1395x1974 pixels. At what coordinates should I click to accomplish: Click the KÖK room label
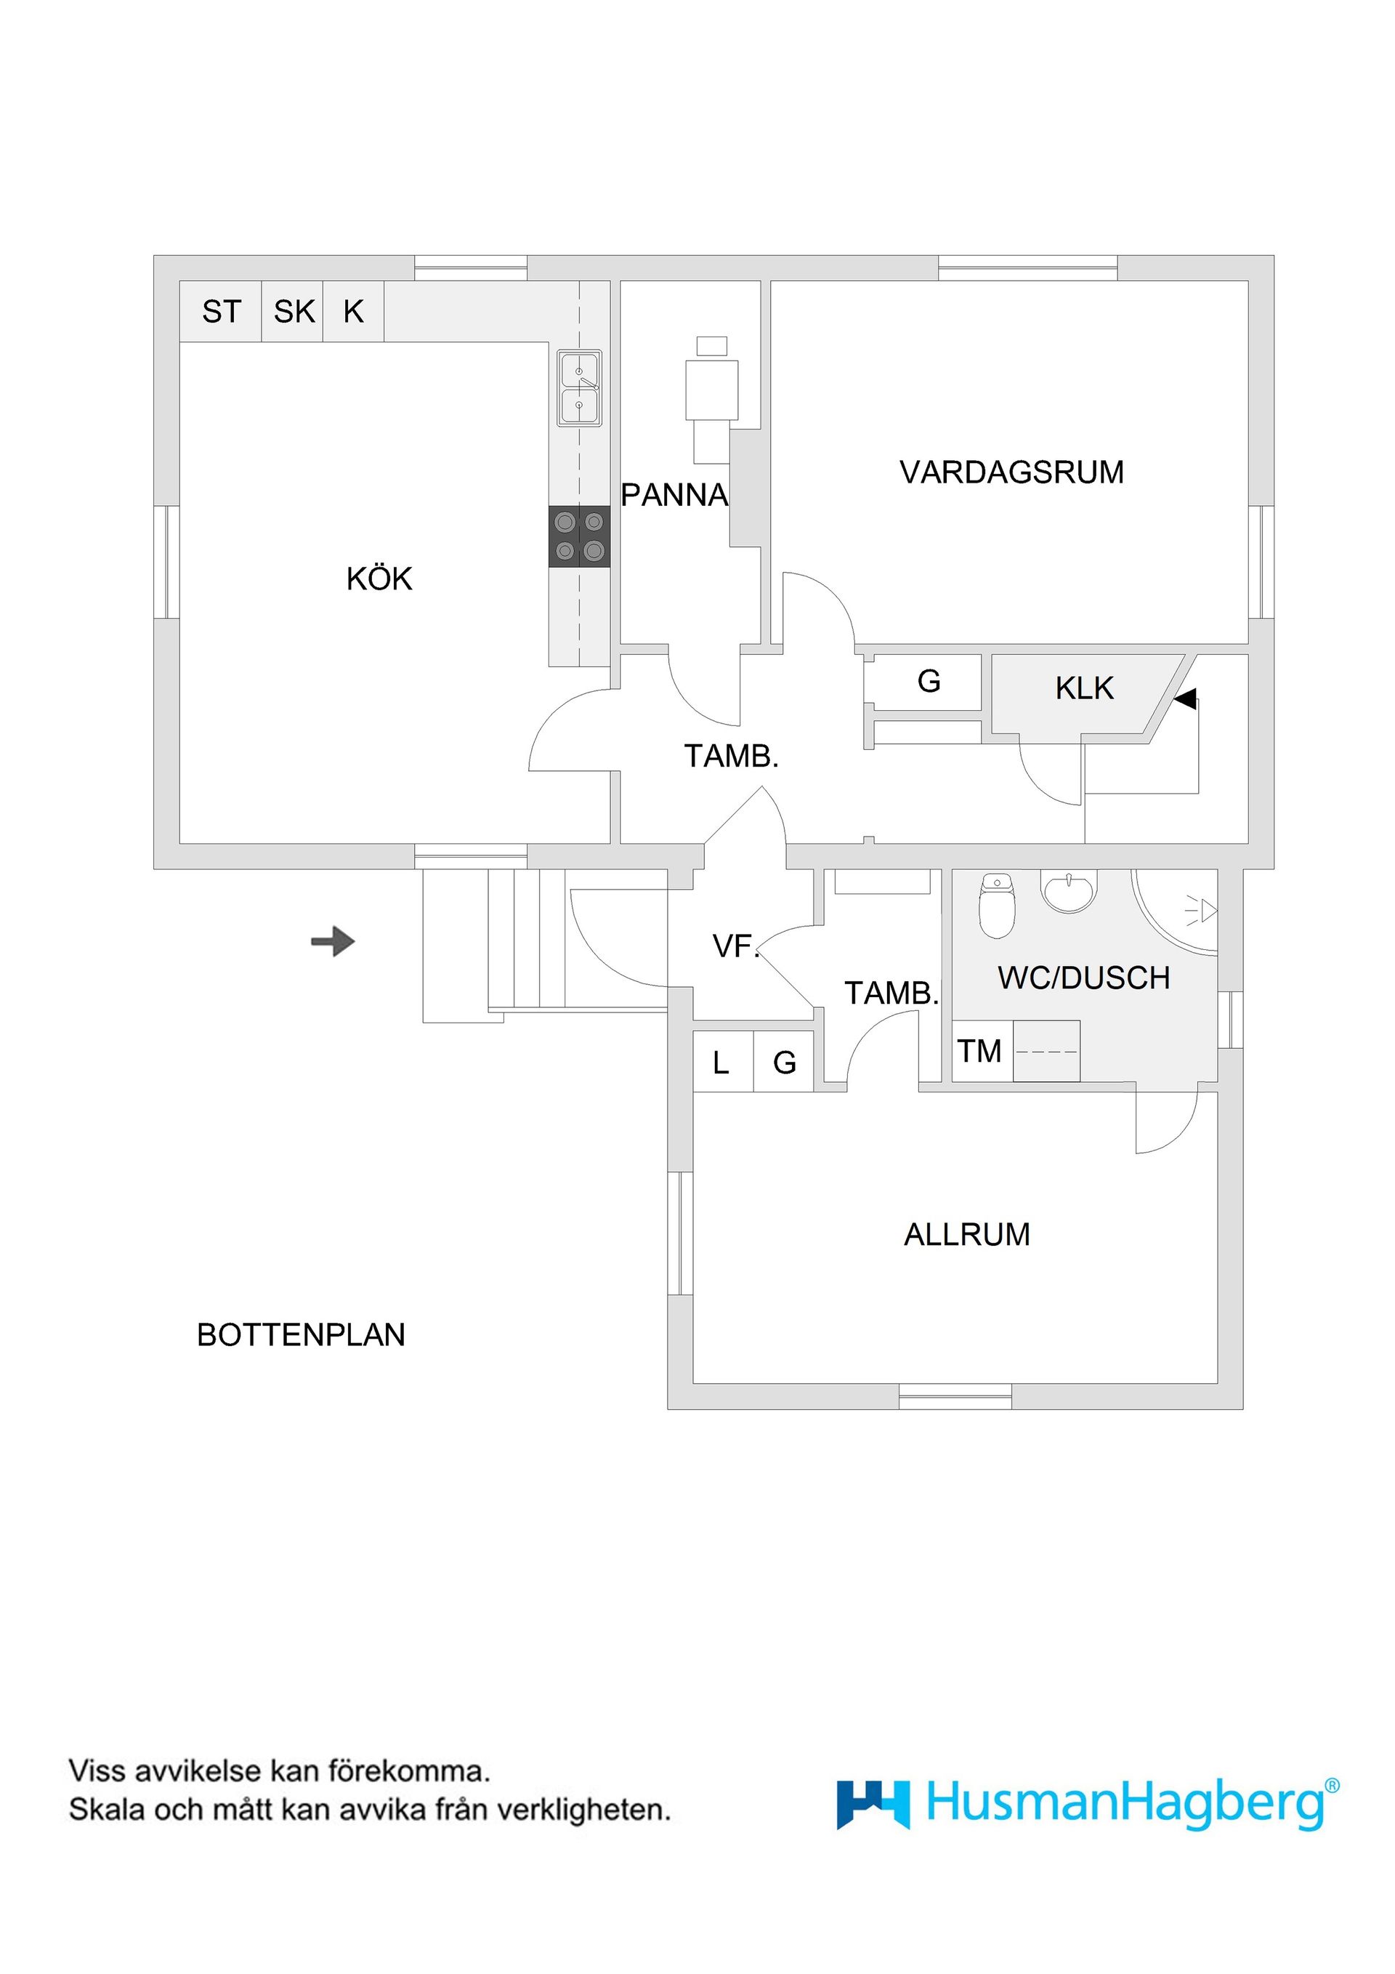click(379, 579)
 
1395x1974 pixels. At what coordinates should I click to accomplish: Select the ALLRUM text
click(966, 1235)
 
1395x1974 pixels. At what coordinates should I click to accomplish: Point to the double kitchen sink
click(579, 388)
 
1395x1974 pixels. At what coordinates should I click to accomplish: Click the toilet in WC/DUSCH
click(997, 907)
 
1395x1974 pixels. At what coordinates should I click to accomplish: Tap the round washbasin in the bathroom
click(1069, 888)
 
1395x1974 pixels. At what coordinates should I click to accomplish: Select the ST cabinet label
click(221, 311)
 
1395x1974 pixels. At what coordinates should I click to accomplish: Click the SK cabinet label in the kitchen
click(294, 311)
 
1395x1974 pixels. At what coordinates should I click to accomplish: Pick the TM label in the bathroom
click(980, 1051)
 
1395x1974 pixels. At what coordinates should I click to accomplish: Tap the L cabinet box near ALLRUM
click(721, 1063)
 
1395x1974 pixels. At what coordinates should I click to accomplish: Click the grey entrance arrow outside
click(333, 941)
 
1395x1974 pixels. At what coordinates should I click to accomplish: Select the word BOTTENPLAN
click(301, 1334)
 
